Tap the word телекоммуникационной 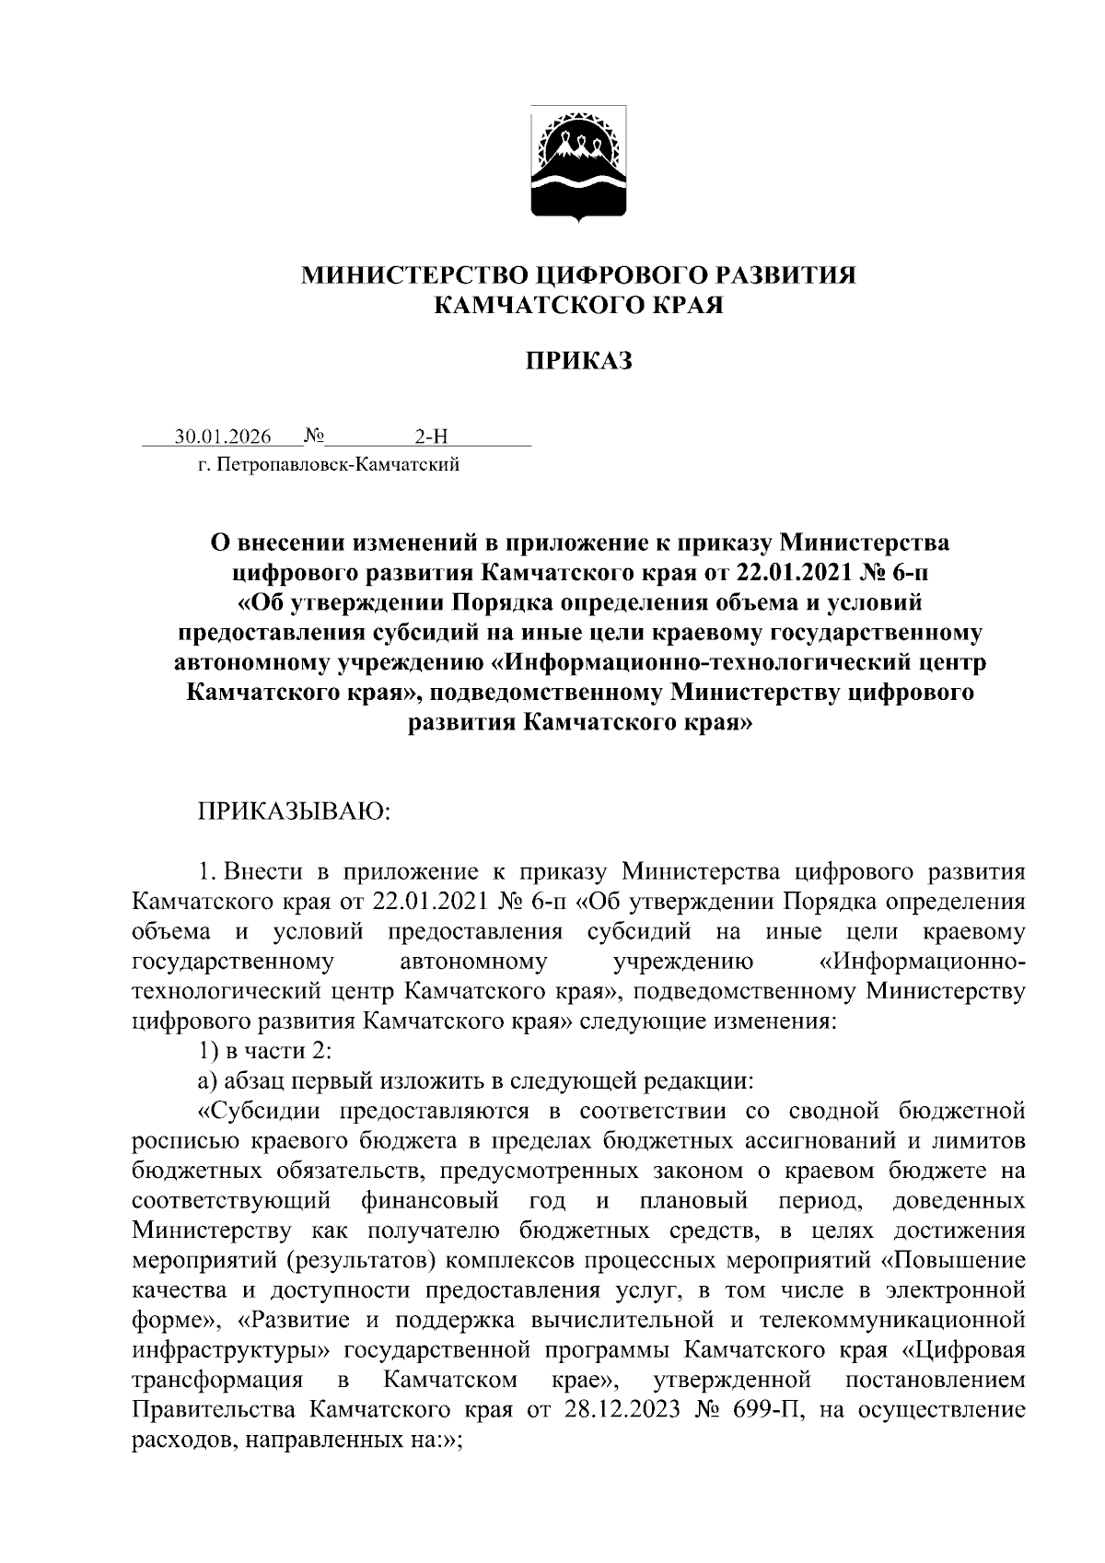[891, 1320]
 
